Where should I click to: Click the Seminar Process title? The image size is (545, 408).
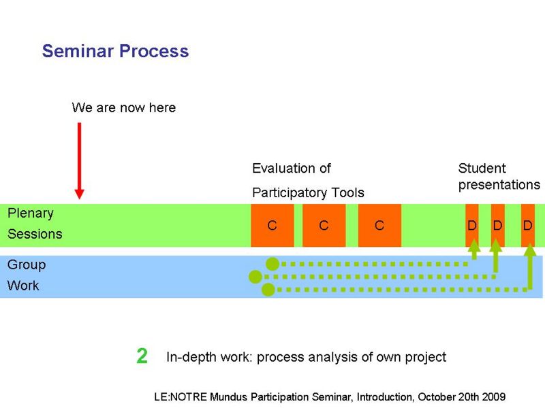point(115,51)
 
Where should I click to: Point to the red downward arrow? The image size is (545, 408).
point(79,160)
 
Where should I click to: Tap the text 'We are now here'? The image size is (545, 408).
point(124,107)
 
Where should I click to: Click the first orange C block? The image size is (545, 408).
point(272,226)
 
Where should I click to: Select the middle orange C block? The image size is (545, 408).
point(324,226)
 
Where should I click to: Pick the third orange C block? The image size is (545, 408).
point(379,226)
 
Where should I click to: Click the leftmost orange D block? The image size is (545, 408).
point(472,225)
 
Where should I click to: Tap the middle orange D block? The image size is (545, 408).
point(498,225)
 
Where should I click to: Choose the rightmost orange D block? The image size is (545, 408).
point(527,225)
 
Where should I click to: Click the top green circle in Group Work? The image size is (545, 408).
point(272,264)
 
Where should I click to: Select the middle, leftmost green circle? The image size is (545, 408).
point(255,277)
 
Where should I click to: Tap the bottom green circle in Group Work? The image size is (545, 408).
point(268,290)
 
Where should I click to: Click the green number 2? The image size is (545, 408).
point(142,356)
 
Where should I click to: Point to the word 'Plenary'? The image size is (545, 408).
point(31,214)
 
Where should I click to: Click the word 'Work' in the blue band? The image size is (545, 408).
point(23,286)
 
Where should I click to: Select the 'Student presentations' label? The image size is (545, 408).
point(499,177)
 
